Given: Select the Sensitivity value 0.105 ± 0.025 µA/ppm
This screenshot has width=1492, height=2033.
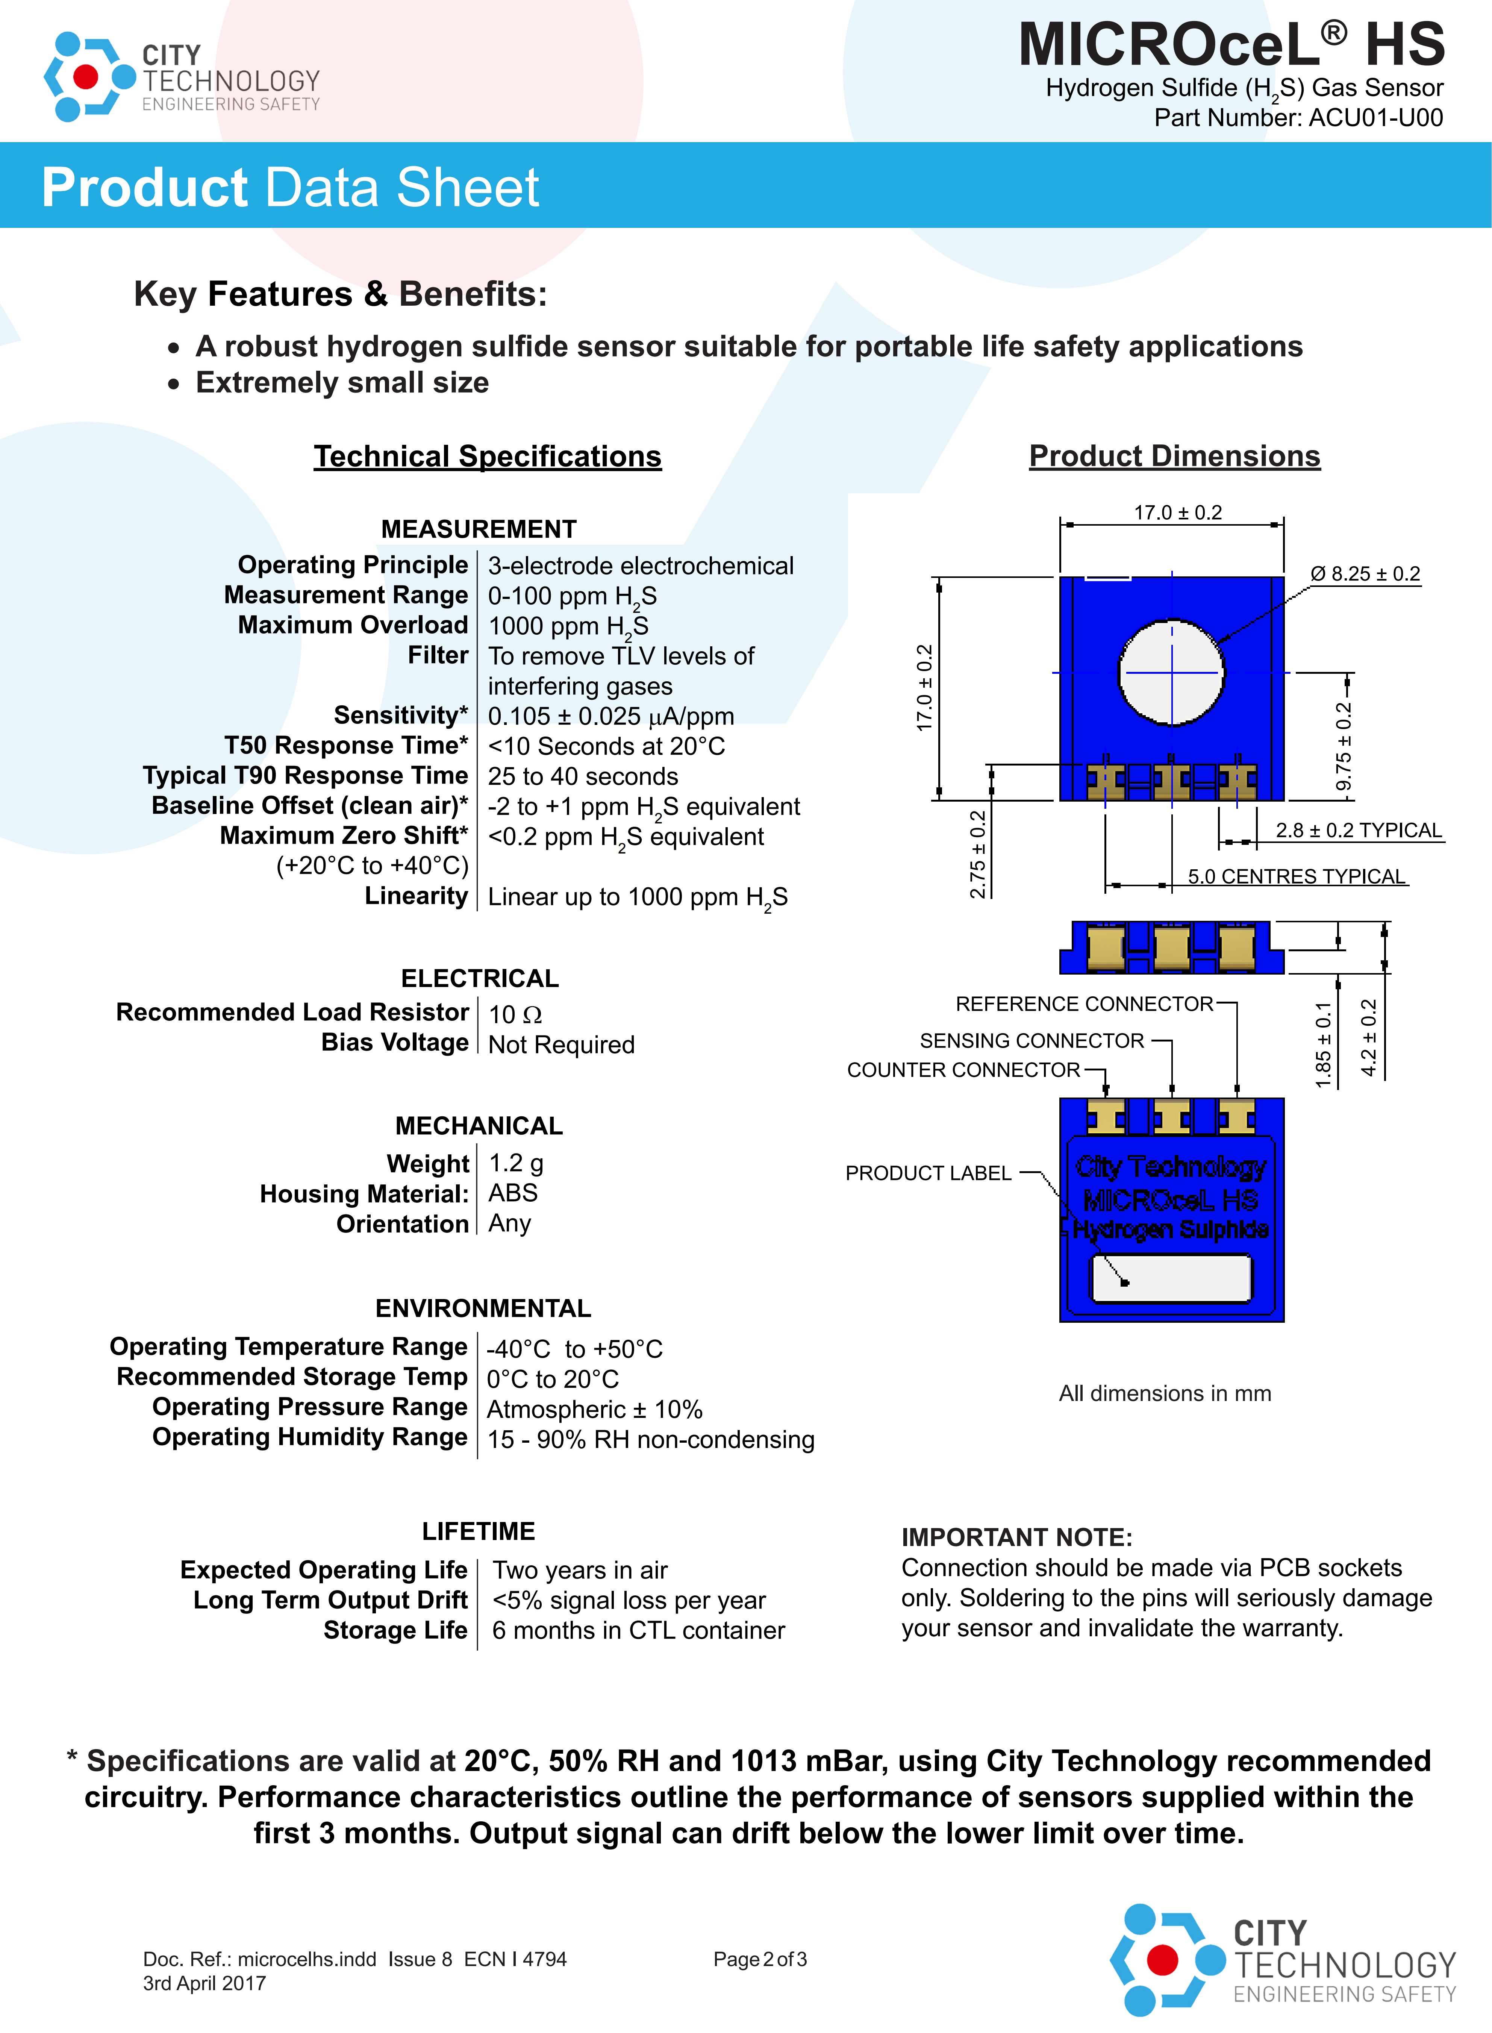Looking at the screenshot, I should point(610,716).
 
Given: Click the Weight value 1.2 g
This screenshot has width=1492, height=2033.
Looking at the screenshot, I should point(516,1163).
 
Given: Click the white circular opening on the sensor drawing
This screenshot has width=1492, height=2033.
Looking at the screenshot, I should point(1171,672).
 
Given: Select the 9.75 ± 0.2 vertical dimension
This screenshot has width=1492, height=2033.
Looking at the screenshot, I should point(1343,746).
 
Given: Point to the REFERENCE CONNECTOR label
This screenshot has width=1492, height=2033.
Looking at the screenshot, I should point(1084,1004).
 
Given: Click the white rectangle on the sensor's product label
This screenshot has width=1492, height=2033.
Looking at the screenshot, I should point(1171,1279).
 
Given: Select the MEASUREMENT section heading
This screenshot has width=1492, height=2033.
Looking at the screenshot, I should point(479,529).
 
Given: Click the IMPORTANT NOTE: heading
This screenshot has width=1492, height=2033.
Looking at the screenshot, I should point(1016,1537).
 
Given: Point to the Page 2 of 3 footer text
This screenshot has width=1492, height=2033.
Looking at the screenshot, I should point(760,1959).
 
